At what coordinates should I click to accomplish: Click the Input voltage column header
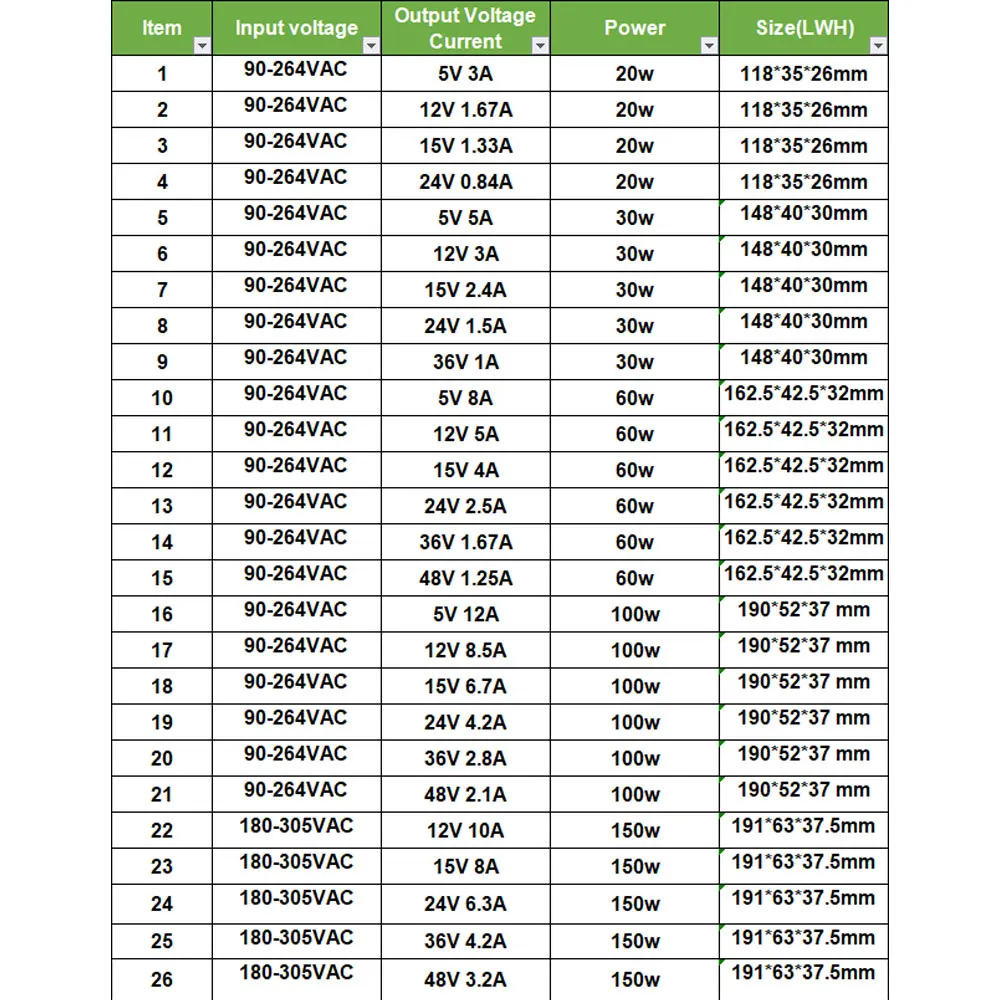coord(296,28)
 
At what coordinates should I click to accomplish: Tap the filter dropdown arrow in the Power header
coord(709,46)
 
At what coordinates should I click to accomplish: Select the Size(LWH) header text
coord(804,28)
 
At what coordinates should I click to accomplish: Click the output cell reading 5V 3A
coord(465,74)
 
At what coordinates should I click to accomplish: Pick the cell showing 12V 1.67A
coord(465,110)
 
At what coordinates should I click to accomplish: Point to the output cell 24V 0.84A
coord(465,182)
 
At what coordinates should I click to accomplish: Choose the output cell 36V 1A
coord(465,362)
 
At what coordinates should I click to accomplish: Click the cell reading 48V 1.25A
coord(465,578)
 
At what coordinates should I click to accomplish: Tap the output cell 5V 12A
coord(465,614)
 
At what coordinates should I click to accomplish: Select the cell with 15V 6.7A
coord(465,686)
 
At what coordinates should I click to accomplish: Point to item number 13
coord(162,506)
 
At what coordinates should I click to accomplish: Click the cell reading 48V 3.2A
coord(465,979)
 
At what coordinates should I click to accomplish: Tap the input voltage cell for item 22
coord(296,826)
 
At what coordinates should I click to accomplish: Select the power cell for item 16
coord(635,614)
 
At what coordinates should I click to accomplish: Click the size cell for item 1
coord(804,74)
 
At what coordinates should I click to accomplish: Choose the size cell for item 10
coord(804,394)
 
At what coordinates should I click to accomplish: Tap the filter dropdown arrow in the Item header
coord(201,46)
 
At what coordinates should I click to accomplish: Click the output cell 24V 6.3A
coord(465,904)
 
